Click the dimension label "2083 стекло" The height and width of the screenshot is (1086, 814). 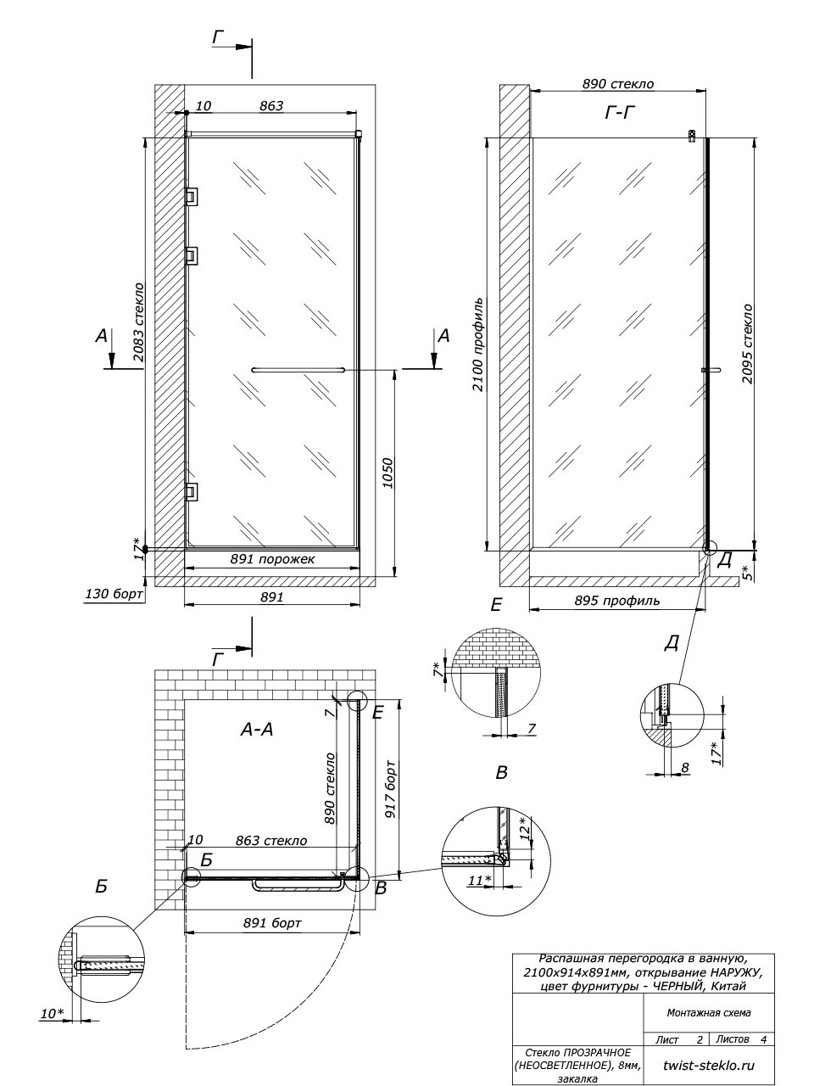tap(138, 322)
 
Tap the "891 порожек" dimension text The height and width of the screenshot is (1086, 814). tap(272, 559)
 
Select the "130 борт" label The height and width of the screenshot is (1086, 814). tap(114, 593)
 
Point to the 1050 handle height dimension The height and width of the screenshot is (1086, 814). tap(387, 473)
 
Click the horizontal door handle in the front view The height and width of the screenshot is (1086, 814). tap(298, 369)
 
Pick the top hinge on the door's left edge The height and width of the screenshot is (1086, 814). tap(191, 196)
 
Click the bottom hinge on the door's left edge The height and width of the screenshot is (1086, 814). tap(191, 491)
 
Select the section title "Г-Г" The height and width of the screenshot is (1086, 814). tap(620, 114)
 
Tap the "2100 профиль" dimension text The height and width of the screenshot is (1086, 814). tap(478, 344)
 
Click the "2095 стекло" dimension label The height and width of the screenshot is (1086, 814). tap(747, 344)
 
